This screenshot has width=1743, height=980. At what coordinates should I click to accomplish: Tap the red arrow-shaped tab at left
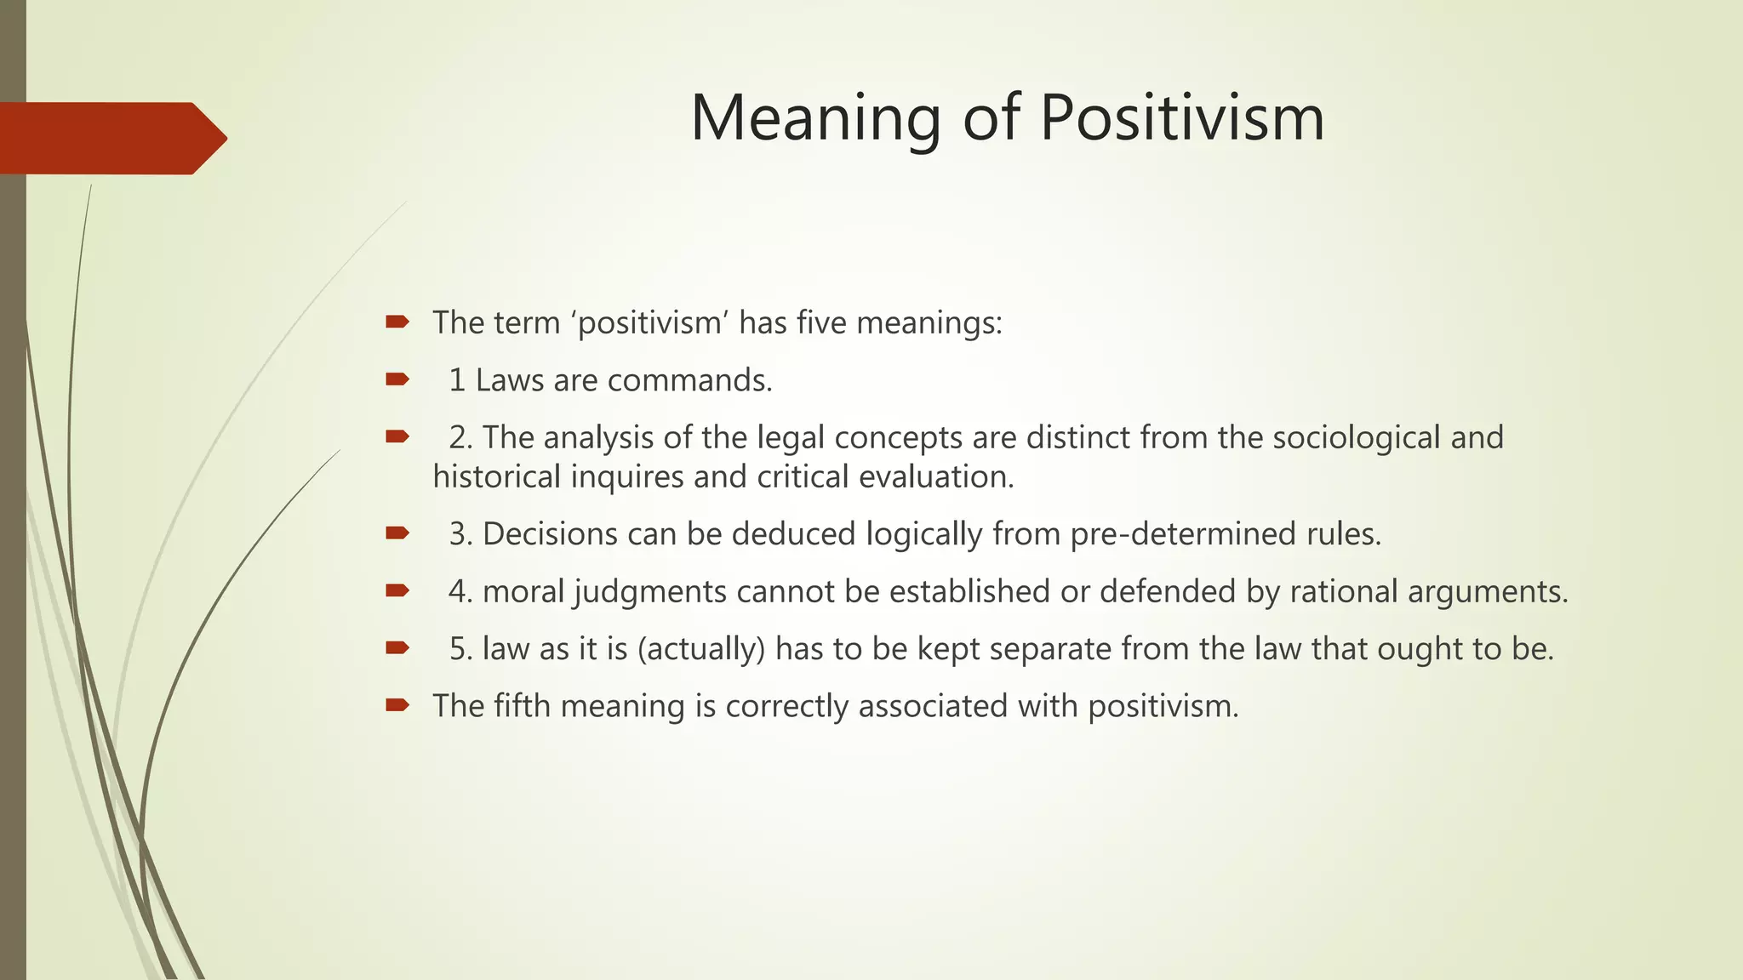click(111, 138)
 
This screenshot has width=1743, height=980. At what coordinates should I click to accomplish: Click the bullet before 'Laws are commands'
click(397, 379)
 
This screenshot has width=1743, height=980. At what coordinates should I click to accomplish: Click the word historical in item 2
click(496, 476)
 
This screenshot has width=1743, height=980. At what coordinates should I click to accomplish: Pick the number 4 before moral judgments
click(458, 591)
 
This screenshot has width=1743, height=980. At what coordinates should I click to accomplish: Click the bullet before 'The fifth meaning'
click(397, 704)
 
